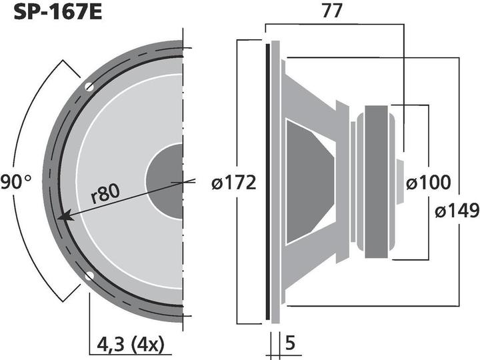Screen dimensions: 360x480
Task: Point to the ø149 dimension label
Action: pos(457,211)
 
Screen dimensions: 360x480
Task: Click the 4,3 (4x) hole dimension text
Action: pos(128,345)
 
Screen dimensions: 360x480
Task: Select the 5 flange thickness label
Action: pos(292,345)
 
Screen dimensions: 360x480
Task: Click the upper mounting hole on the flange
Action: pos(89,87)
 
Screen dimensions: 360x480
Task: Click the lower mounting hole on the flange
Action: pos(89,277)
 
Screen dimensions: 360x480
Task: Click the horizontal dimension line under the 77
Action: pos(333,25)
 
